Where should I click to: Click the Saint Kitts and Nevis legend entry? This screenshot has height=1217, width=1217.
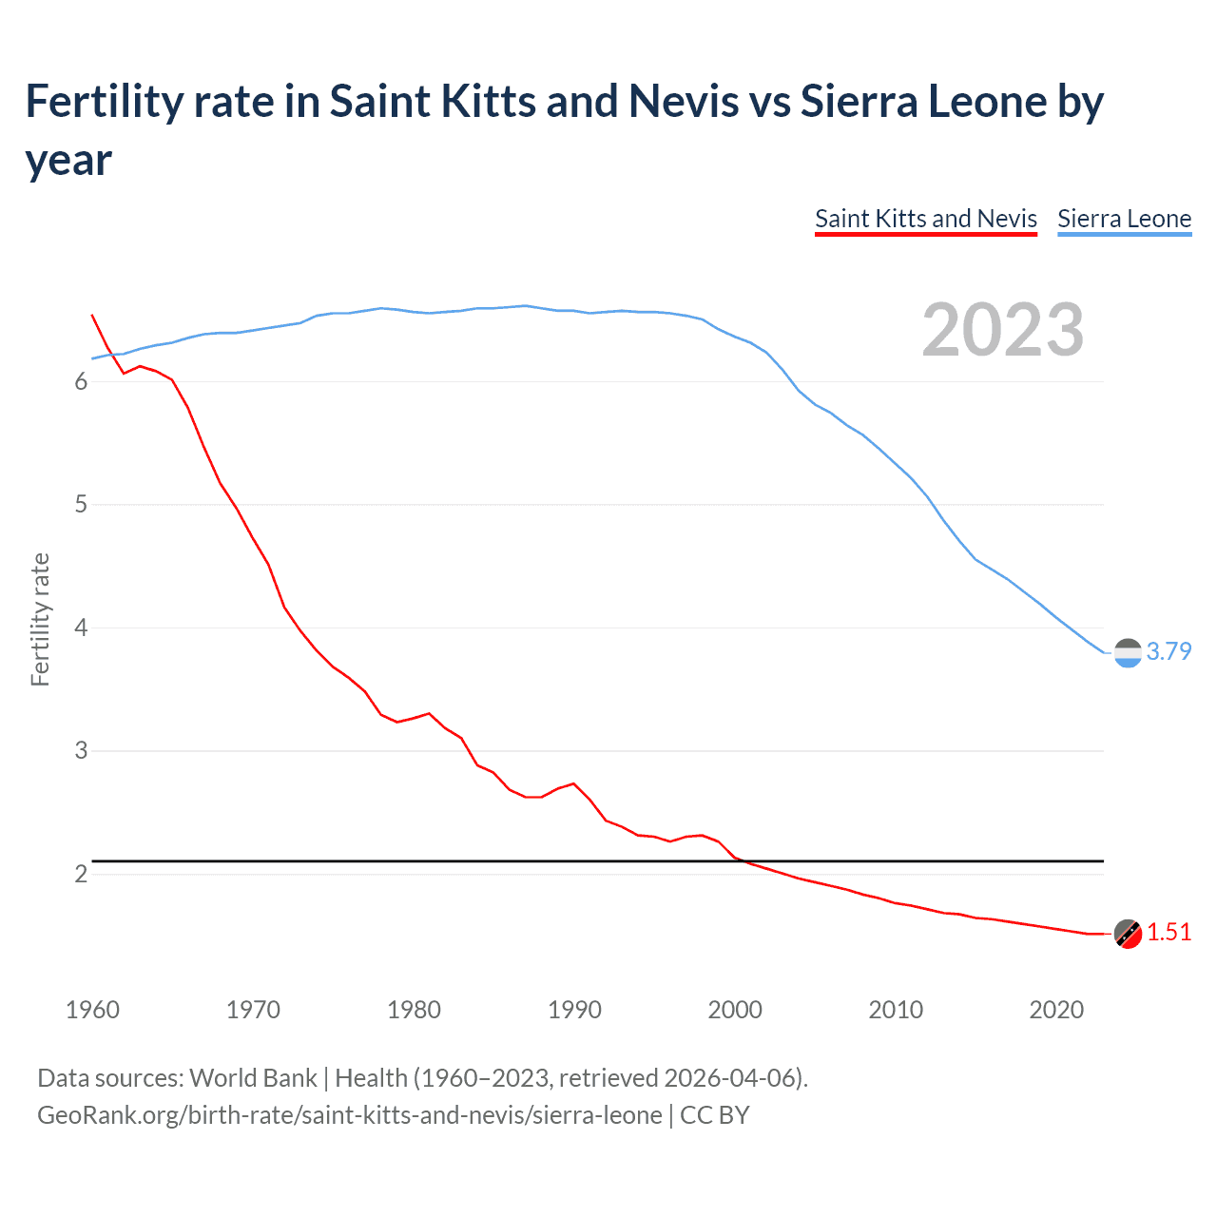pyautogui.click(x=925, y=219)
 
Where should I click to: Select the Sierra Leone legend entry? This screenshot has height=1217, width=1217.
pyautogui.click(x=1124, y=219)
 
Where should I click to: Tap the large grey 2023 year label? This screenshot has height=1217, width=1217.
pyautogui.click(x=1003, y=330)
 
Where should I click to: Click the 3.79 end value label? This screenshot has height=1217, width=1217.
pyautogui.click(x=1169, y=651)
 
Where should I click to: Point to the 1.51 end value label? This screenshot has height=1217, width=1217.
pyautogui.click(x=1169, y=933)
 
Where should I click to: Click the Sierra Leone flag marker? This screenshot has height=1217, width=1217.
pyautogui.click(x=1128, y=653)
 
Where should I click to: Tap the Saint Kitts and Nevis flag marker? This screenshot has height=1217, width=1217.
pyautogui.click(x=1128, y=935)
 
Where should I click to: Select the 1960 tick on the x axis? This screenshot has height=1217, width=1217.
pyautogui.click(x=92, y=1010)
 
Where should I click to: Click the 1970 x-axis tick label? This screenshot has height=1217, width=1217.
pyautogui.click(x=253, y=1010)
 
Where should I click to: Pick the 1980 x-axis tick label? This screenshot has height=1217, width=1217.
pyautogui.click(x=414, y=1010)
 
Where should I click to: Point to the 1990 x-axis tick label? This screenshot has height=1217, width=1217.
pyautogui.click(x=574, y=1010)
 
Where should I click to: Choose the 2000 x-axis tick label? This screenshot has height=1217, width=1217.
pyautogui.click(x=735, y=1010)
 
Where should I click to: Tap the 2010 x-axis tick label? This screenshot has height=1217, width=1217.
pyautogui.click(x=896, y=1010)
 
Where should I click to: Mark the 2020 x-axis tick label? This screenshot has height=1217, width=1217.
pyautogui.click(x=1056, y=1010)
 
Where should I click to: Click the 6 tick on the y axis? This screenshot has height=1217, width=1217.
pyautogui.click(x=81, y=382)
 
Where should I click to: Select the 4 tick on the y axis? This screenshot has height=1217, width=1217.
pyautogui.click(x=81, y=628)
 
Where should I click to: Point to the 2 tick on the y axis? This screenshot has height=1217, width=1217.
pyautogui.click(x=81, y=874)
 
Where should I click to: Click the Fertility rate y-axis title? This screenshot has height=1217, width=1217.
pyautogui.click(x=40, y=619)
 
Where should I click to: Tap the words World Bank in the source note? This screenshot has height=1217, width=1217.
pyautogui.click(x=253, y=1078)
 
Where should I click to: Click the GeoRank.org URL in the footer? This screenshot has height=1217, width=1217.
pyautogui.click(x=349, y=1115)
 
